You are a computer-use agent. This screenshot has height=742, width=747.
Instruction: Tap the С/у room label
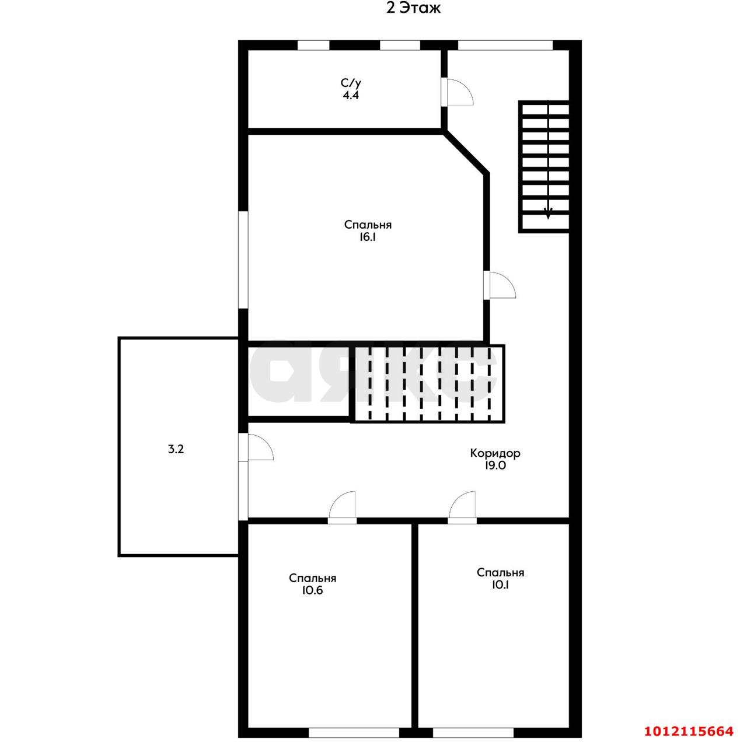[351, 83]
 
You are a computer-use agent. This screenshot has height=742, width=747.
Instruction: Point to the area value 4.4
[351, 95]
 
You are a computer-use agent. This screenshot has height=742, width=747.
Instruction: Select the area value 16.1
[368, 237]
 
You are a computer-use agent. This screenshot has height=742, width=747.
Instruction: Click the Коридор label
[495, 453]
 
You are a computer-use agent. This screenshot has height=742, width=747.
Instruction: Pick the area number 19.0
[495, 466]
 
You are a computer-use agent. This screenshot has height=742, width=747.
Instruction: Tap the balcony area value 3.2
[176, 449]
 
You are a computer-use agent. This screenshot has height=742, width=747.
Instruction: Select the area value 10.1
[500, 584]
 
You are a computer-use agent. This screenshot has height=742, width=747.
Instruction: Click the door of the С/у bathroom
[458, 92]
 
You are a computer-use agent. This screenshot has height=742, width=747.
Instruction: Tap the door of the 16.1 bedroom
[500, 285]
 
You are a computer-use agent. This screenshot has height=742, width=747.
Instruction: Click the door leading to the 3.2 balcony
[256, 447]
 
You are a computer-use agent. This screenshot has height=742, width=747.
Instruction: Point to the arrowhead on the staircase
[548, 213]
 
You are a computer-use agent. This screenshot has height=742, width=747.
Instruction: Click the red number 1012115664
[689, 731]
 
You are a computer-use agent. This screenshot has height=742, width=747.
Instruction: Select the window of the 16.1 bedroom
[243, 260]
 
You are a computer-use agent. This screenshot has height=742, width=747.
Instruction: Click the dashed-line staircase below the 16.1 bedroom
[429, 383]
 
